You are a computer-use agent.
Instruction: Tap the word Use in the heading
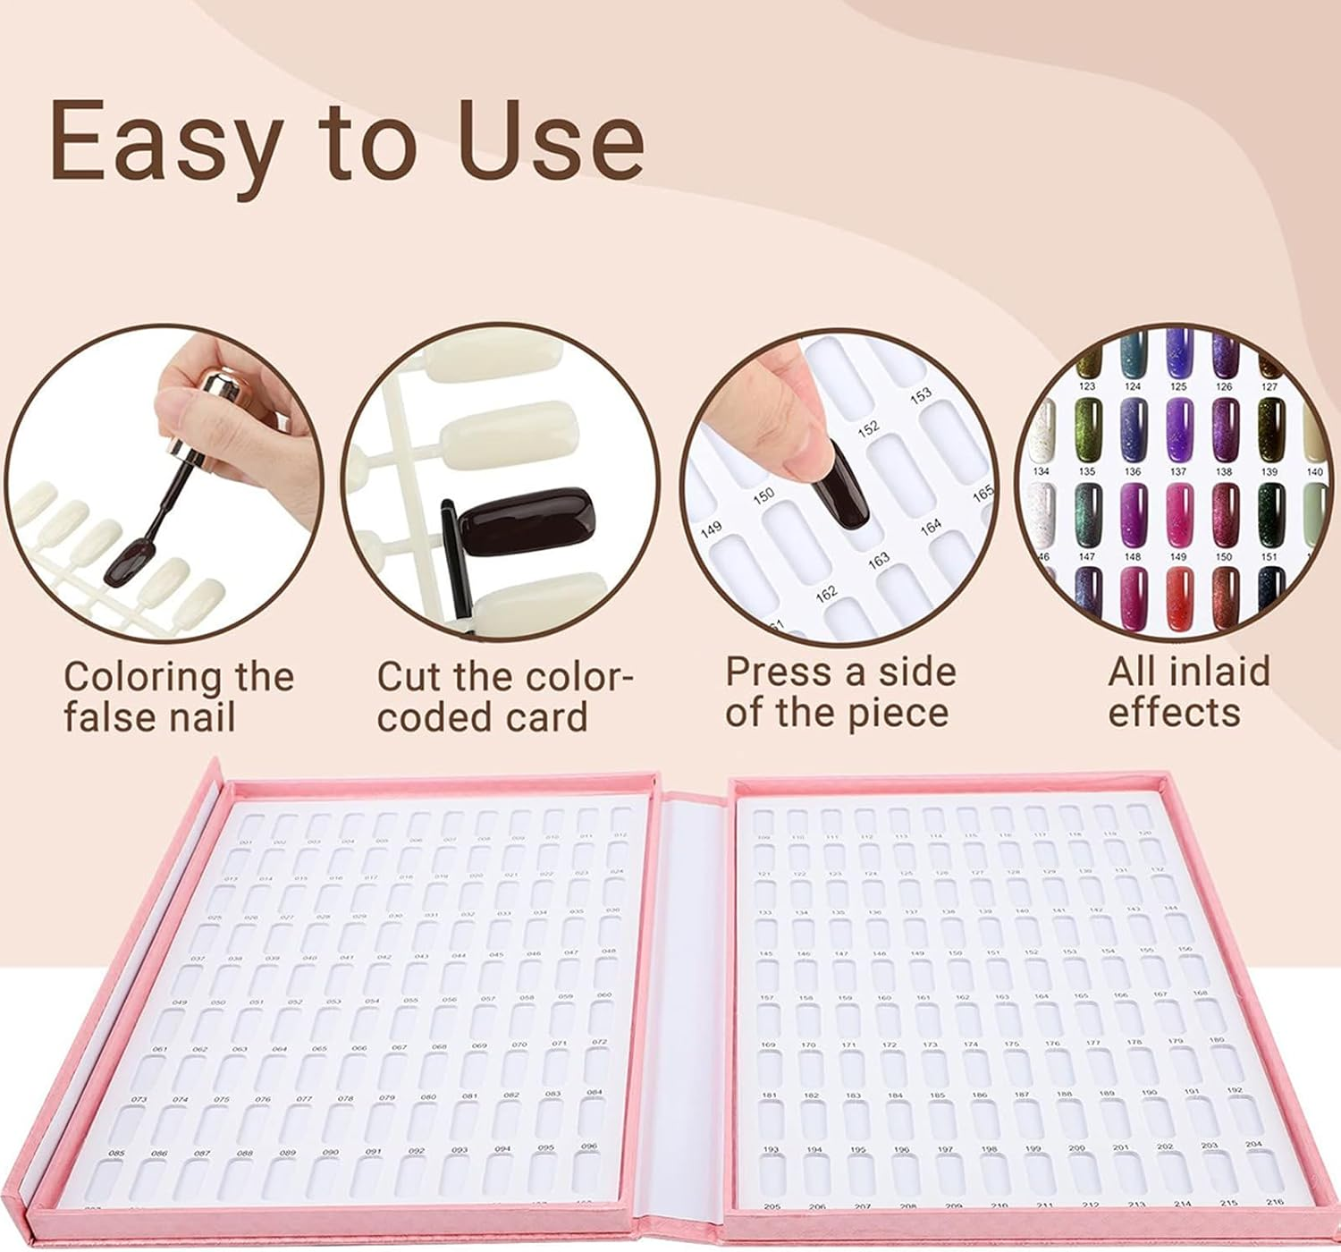pyautogui.click(x=551, y=141)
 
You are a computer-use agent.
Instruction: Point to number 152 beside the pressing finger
pyautogui.click(x=868, y=429)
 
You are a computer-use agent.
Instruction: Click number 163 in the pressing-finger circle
pyautogui.click(x=878, y=559)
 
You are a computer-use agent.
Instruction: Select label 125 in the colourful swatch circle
pyautogui.click(x=1178, y=386)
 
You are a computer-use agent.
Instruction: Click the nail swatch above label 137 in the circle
pyautogui.click(x=1179, y=428)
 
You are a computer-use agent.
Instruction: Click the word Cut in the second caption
pyautogui.click(x=407, y=677)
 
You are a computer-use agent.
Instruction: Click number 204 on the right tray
pyautogui.click(x=1253, y=1144)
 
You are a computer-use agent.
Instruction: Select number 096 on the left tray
pyautogui.click(x=588, y=1146)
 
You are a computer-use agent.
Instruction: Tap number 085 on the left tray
pyautogui.click(x=117, y=1154)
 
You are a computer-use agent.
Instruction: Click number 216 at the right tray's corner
pyautogui.click(x=1275, y=1202)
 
